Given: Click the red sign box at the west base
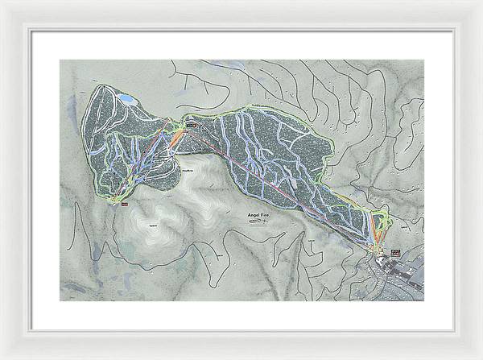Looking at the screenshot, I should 125,205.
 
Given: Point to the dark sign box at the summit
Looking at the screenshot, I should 191,126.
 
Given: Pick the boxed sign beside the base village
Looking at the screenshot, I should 394,253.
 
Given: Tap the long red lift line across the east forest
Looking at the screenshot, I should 282,181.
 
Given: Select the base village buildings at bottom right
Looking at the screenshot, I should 402,274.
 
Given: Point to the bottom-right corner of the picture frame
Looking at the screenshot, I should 480,357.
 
